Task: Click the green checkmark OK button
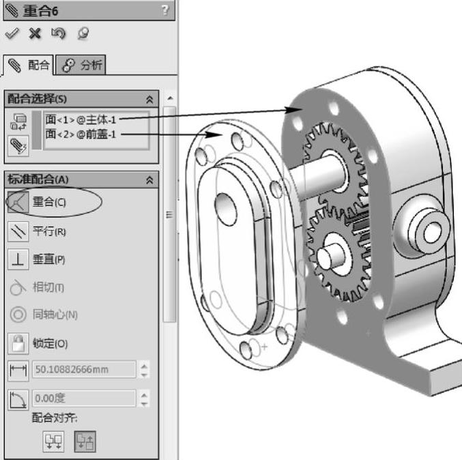(12, 33)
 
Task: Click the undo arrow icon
(58, 33)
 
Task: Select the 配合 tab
(29, 65)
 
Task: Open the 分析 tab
(81, 65)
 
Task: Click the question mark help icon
(165, 10)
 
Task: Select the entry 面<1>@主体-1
(81, 119)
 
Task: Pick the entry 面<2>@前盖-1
(81, 134)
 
